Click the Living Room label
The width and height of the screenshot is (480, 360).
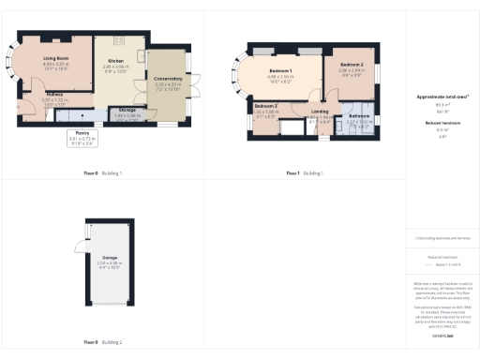coord(57,58)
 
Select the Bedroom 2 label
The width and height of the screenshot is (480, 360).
coord(352,65)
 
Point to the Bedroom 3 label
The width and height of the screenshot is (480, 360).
coord(265,106)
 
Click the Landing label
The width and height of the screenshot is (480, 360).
coord(320,112)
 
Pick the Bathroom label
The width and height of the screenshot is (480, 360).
coord(361,116)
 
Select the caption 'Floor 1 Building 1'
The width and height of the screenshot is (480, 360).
coord(305,173)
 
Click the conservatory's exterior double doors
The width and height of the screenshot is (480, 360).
coord(194,84)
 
